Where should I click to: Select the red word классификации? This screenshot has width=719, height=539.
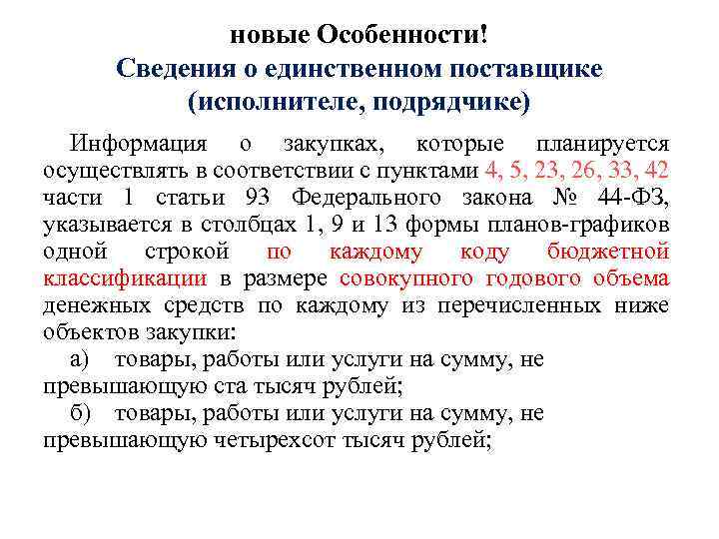click(x=125, y=278)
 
